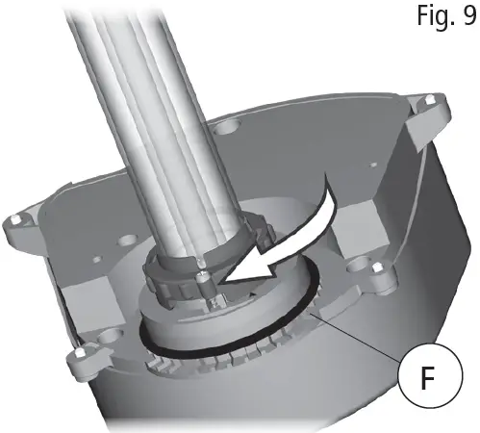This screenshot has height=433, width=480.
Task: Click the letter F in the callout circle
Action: pyautogui.click(x=428, y=378)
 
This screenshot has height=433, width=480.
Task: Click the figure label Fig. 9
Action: pyautogui.click(x=446, y=16)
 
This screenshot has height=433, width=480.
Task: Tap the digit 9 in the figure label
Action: pyautogui.click(x=469, y=15)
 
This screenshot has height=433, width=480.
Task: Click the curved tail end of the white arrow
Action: pyautogui.click(x=327, y=180)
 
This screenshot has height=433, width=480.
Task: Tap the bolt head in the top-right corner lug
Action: pyautogui.click(x=428, y=100)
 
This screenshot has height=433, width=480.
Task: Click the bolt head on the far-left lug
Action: pyautogui.click(x=14, y=220)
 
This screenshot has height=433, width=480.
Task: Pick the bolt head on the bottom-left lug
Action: pyautogui.click(x=79, y=353)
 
